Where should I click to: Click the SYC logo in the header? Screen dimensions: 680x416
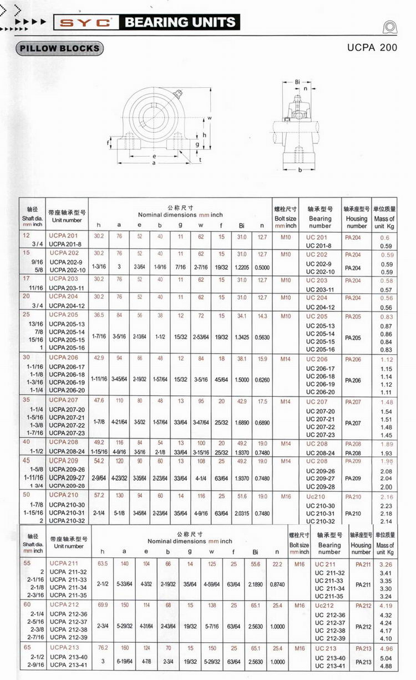point(86,22)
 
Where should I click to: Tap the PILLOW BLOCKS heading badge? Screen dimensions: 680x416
point(59,48)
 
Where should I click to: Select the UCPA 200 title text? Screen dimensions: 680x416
point(372,48)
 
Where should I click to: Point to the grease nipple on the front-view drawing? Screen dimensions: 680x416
point(178,94)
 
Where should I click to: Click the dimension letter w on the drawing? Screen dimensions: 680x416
point(210,118)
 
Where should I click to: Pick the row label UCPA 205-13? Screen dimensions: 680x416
point(67,324)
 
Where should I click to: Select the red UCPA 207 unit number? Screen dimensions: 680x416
point(64,400)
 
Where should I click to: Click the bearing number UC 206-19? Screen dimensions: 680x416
point(321,384)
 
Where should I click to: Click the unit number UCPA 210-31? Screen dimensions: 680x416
point(67,513)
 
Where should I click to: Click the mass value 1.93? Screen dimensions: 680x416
point(386,454)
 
